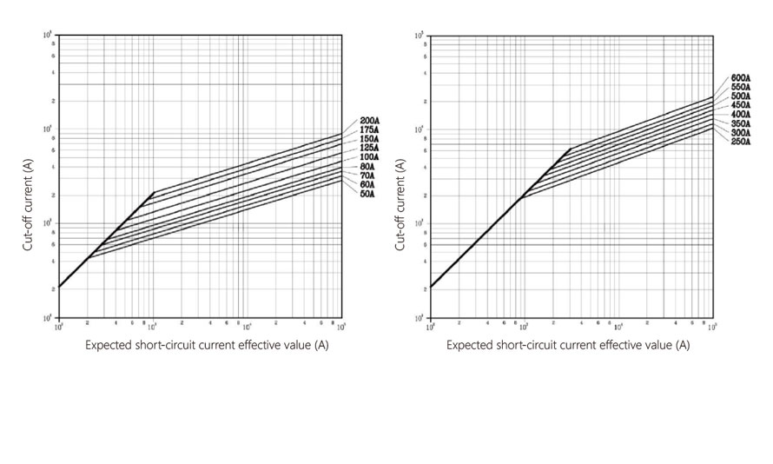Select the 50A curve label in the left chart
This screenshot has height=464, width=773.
tap(367, 194)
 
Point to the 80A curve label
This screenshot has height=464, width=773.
tap(367, 167)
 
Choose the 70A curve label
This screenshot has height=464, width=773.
tap(367, 176)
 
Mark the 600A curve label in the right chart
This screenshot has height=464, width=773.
tap(741, 77)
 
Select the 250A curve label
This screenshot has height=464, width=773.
tap(741, 141)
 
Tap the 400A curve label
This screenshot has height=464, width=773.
tap(741, 114)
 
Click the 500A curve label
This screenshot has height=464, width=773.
tap(741, 96)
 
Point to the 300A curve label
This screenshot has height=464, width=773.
tap(741, 132)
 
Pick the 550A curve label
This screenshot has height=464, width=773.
tap(741, 87)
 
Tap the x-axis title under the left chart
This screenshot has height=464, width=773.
tap(207, 346)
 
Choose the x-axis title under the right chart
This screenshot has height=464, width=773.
tap(568, 346)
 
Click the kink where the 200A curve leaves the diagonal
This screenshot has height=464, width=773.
tap(153, 192)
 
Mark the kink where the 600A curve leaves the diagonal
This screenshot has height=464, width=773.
tap(571, 148)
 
